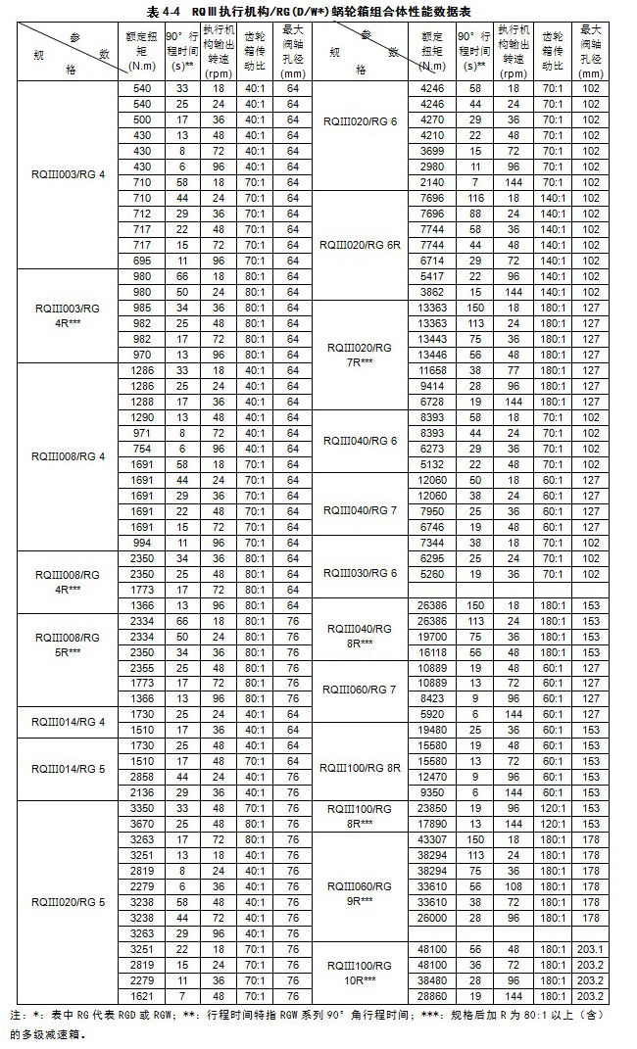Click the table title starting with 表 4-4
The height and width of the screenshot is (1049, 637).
point(317,12)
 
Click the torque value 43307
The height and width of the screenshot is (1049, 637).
point(433,839)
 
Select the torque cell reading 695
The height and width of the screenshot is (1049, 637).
point(142,260)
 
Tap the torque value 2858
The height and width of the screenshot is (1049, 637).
point(142,776)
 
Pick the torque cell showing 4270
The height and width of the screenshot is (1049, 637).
point(433,119)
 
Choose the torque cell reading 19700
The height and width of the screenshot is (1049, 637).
point(433,636)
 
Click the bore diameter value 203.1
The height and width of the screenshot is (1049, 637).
point(590,949)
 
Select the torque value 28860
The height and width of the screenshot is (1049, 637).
point(433,995)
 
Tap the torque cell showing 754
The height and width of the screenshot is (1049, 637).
point(142,448)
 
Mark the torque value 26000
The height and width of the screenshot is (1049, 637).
point(433,917)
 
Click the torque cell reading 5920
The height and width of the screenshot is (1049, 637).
point(433,714)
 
